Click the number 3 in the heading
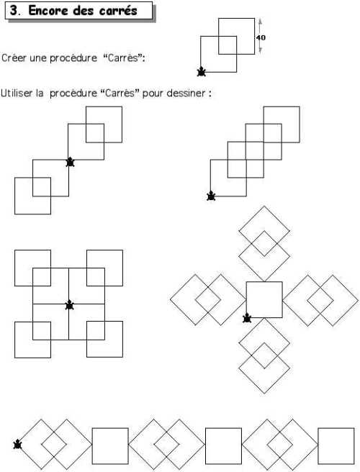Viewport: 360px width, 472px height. pyautogui.click(x=14, y=11)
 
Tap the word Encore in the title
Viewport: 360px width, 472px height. pyautogui.click(x=48, y=11)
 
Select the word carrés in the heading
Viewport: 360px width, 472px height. pyautogui.click(x=118, y=11)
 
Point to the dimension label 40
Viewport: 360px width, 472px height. pyautogui.click(x=261, y=37)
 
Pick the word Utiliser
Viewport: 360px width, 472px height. pyautogui.click(x=17, y=93)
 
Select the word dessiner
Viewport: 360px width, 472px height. pyautogui.click(x=186, y=93)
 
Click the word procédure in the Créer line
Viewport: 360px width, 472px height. pyautogui.click(x=73, y=58)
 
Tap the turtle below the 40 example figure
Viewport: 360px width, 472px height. pyautogui.click(x=201, y=72)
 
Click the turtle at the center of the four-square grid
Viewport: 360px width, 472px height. pyautogui.click(x=70, y=305)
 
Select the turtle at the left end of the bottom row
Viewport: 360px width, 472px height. pyautogui.click(x=18, y=444)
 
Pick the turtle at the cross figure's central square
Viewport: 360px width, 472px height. pyautogui.click(x=247, y=318)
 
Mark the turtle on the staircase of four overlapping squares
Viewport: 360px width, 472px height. pyautogui.click(x=211, y=196)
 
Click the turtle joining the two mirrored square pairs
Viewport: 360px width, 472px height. pyautogui.click(x=70, y=162)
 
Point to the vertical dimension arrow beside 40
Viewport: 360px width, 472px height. pyautogui.click(x=261, y=37)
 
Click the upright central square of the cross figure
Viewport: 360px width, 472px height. pyautogui.click(x=264, y=282)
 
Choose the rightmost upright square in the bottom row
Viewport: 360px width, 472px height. pyautogui.click(x=336, y=428)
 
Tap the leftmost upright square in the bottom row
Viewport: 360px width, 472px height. pyautogui.click(x=110, y=428)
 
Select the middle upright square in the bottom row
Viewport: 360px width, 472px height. pyautogui.click(x=223, y=428)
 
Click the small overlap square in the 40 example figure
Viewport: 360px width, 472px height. pyautogui.click(x=228, y=37)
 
